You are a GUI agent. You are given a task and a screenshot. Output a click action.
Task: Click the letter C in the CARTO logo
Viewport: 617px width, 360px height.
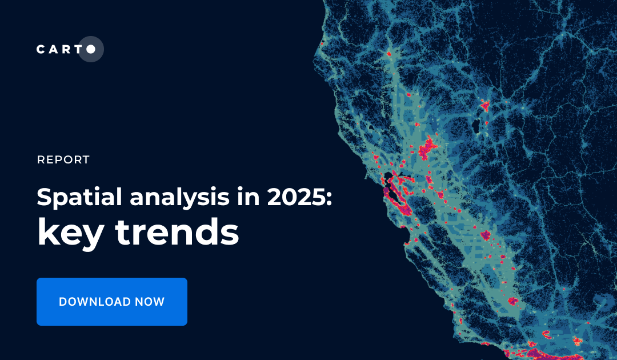[x=41, y=50]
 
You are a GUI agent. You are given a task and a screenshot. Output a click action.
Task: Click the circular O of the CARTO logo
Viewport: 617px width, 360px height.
[x=90, y=49]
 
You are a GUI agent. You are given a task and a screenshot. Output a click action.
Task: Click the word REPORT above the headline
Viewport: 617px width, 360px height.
[x=63, y=160]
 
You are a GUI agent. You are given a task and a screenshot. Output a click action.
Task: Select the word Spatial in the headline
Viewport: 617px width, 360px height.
[x=79, y=198]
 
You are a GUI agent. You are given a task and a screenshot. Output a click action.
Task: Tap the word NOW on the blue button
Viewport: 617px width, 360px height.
[x=150, y=302]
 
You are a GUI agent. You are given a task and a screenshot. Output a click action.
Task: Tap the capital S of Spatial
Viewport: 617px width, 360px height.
[x=45, y=197]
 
